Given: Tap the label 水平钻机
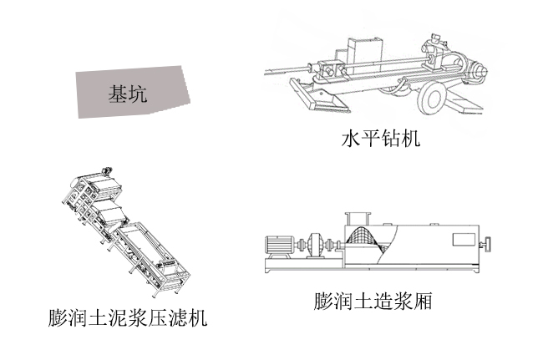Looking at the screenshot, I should pyautogui.click(x=380, y=137).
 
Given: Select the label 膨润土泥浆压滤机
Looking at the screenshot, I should pyautogui.click(x=127, y=318).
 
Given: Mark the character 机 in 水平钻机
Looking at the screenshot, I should pyautogui.click(x=410, y=137).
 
